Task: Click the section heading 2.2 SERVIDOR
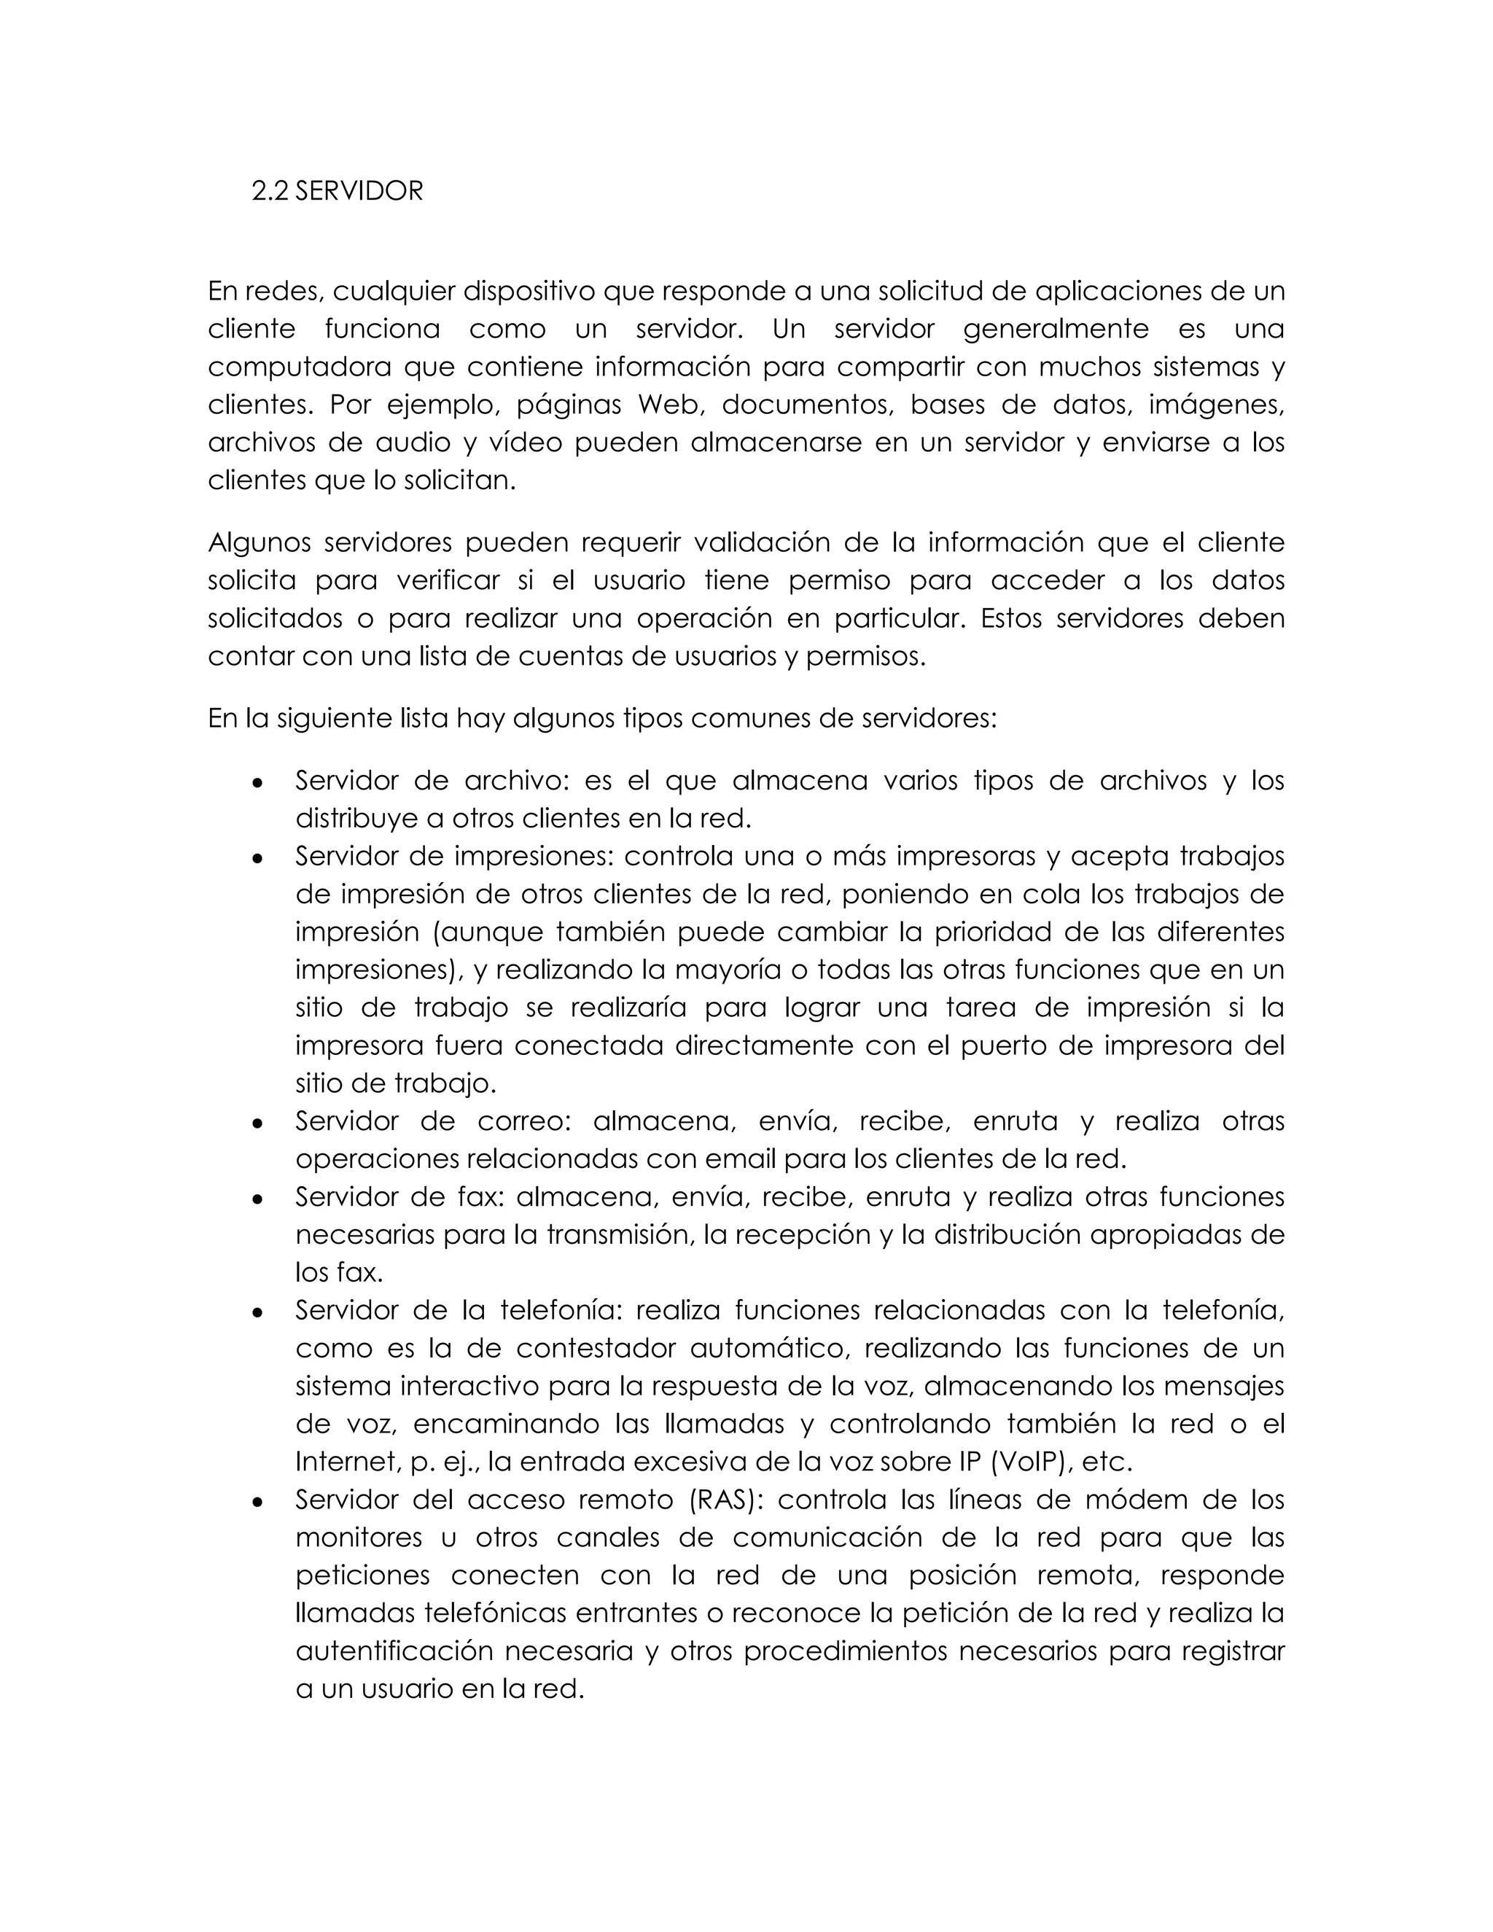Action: [x=337, y=191]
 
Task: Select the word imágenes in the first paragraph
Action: [x=1215, y=405]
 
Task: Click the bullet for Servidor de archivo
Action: [x=257, y=782]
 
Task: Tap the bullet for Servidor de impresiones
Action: [x=257, y=857]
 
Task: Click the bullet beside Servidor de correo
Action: [x=257, y=1123]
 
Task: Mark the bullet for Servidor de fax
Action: [x=257, y=1199]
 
